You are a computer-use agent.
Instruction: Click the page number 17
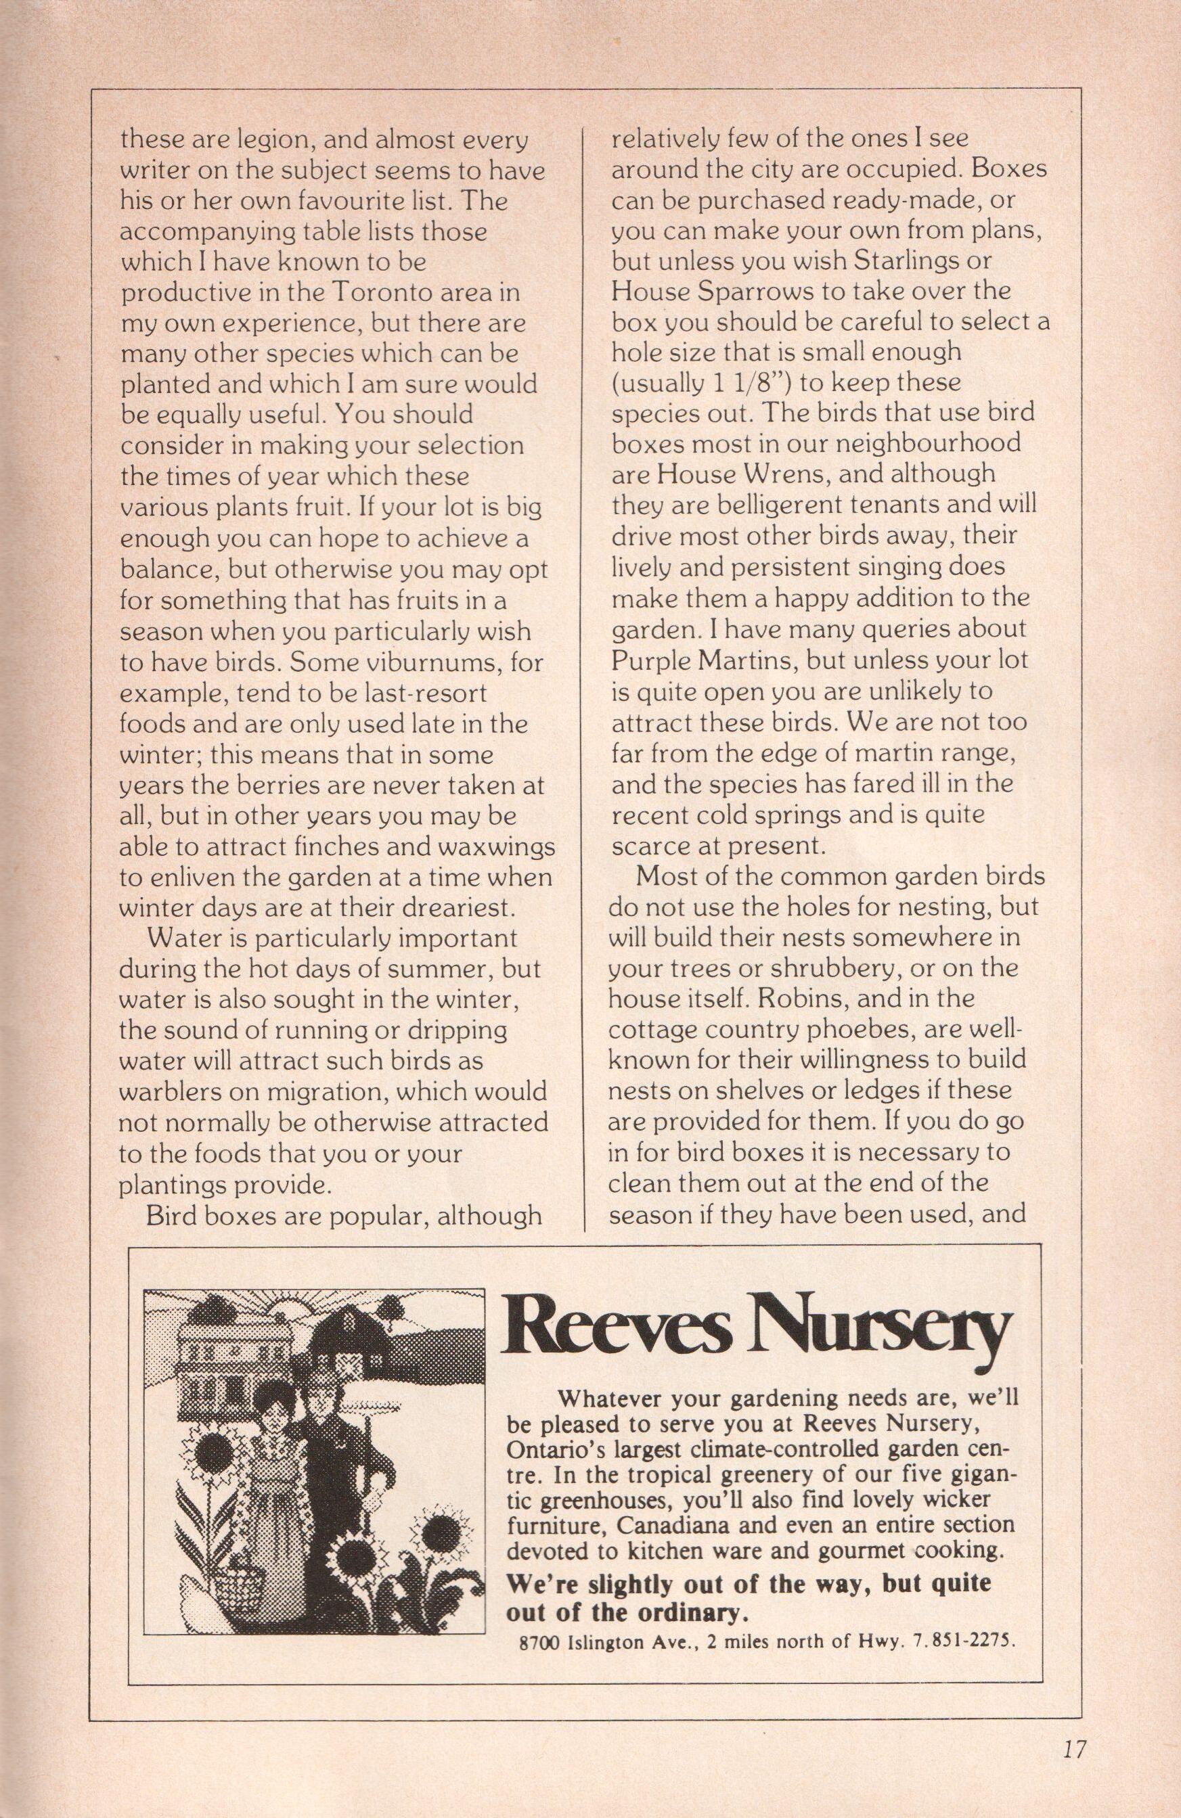pos(1073,1723)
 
